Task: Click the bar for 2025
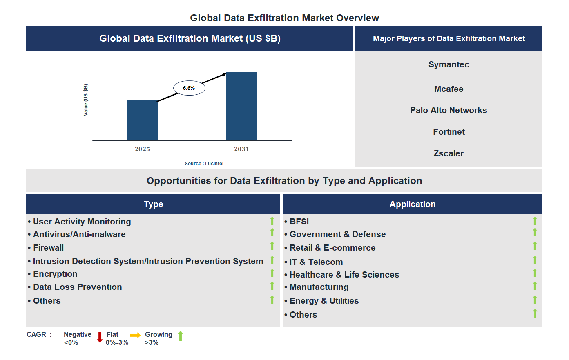142,120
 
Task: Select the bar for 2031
242,107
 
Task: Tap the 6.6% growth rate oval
189,88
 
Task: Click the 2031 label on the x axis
241,149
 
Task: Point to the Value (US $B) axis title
86,100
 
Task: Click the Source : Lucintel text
204,164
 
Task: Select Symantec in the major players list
449,64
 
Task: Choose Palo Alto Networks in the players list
449,110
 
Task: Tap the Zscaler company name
449,153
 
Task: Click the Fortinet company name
449,132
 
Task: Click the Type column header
153,204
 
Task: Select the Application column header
412,204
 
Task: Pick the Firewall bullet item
48,248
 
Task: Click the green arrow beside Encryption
272,273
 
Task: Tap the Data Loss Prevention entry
77,287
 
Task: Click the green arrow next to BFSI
535,221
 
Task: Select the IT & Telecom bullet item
316,262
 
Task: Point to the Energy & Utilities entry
324,301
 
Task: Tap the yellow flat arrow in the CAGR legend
135,335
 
